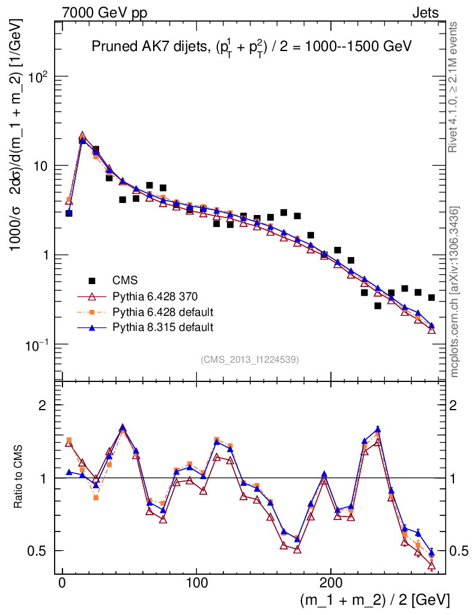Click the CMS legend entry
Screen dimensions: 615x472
coord(125,280)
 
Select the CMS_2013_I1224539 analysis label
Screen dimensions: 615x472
coord(250,359)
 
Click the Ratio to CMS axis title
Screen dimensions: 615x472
coord(19,477)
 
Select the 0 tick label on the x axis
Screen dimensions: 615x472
coord(62,583)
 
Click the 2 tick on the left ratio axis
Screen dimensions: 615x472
coord(43,405)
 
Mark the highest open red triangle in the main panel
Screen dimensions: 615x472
coord(82,136)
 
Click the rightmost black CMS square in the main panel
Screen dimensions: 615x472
coord(431,297)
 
